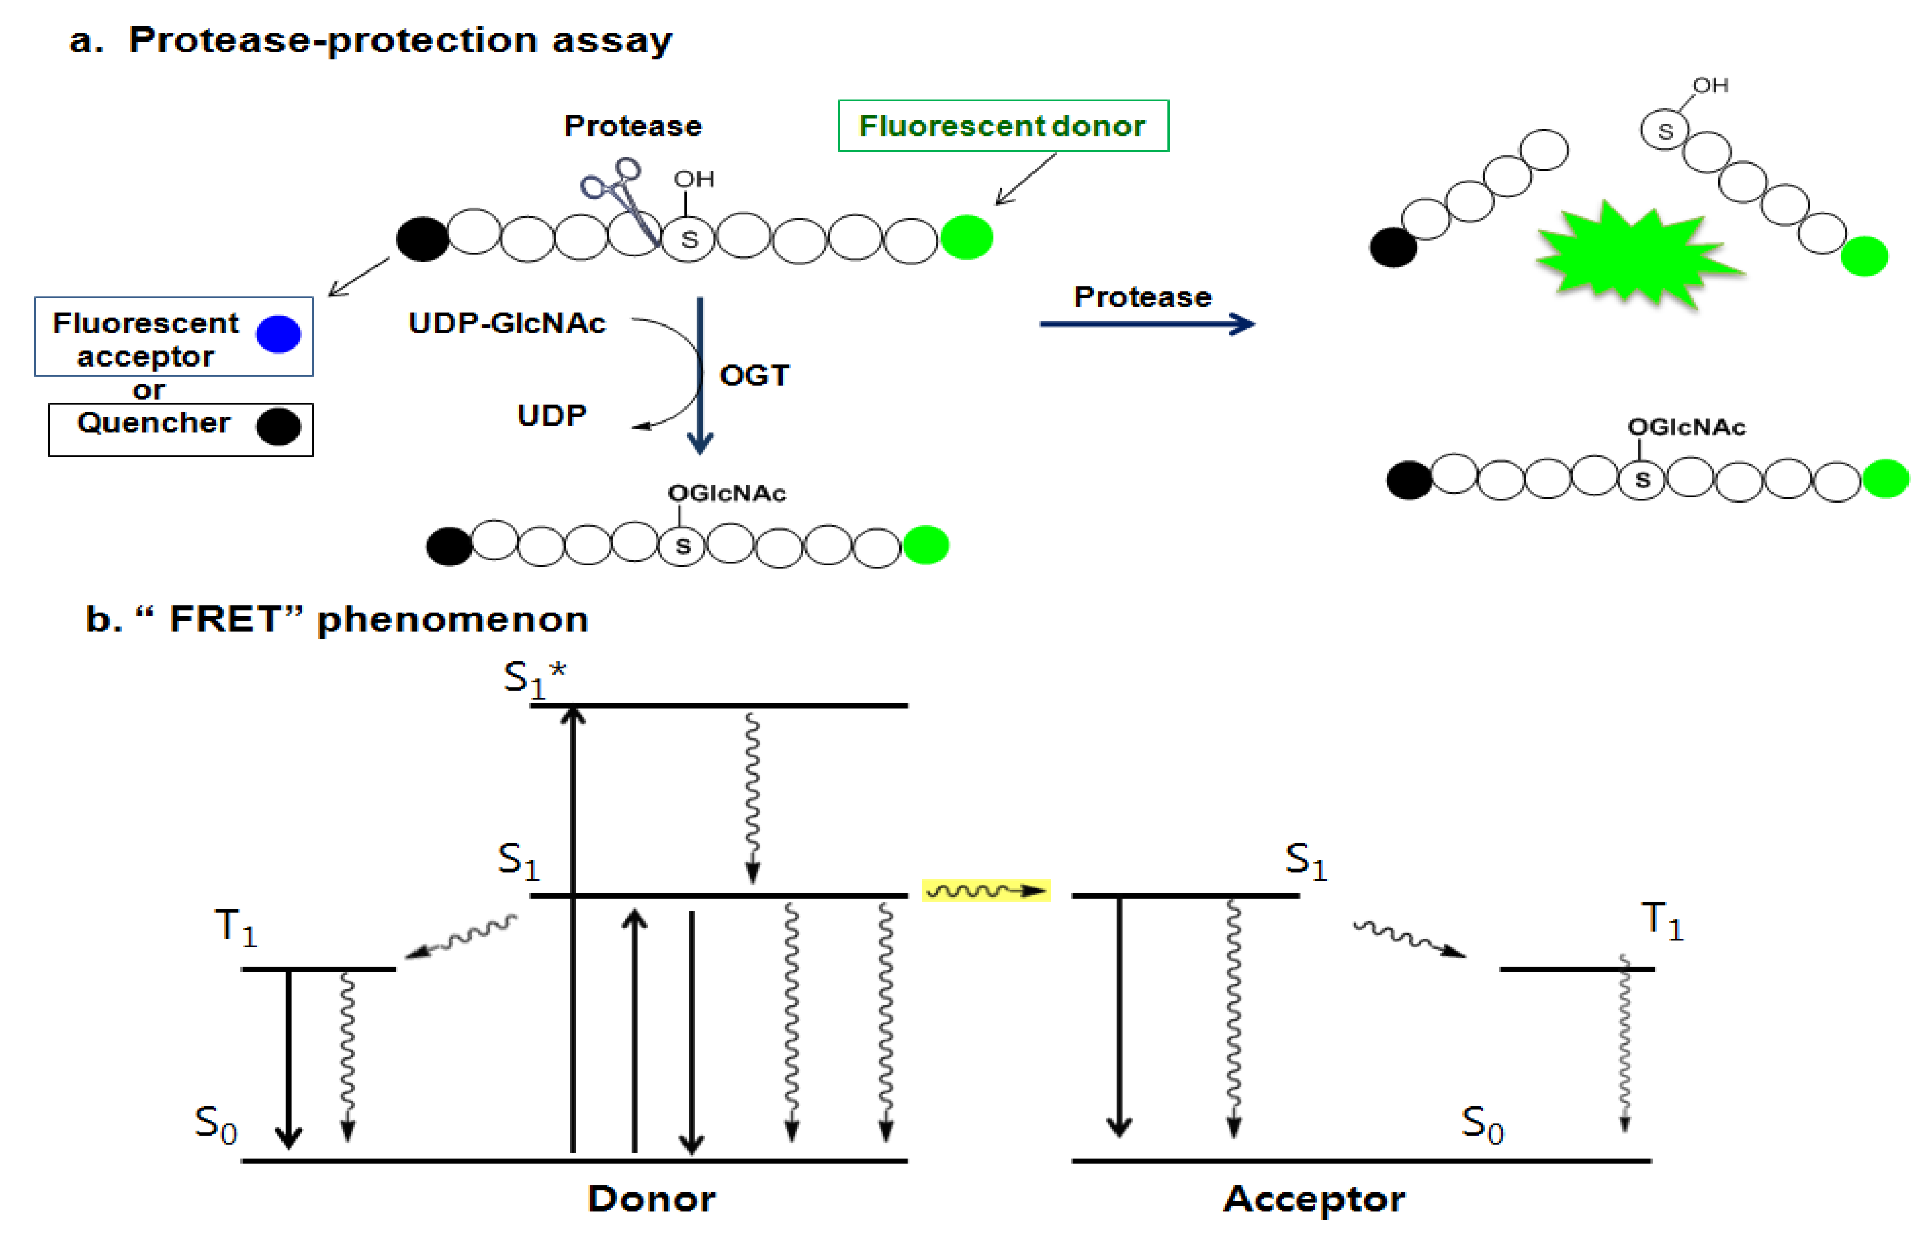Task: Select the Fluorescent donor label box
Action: [1003, 126]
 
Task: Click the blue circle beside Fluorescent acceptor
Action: [278, 334]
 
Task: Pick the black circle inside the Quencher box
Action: [278, 427]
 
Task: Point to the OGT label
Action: [754, 375]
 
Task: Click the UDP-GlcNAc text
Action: [507, 323]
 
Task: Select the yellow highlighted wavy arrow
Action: [986, 890]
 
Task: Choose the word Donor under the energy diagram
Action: [651, 1199]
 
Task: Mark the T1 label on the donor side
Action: [236, 927]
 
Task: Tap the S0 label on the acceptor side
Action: [1482, 1124]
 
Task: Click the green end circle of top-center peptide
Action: [966, 237]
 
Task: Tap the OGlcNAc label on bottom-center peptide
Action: [726, 493]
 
